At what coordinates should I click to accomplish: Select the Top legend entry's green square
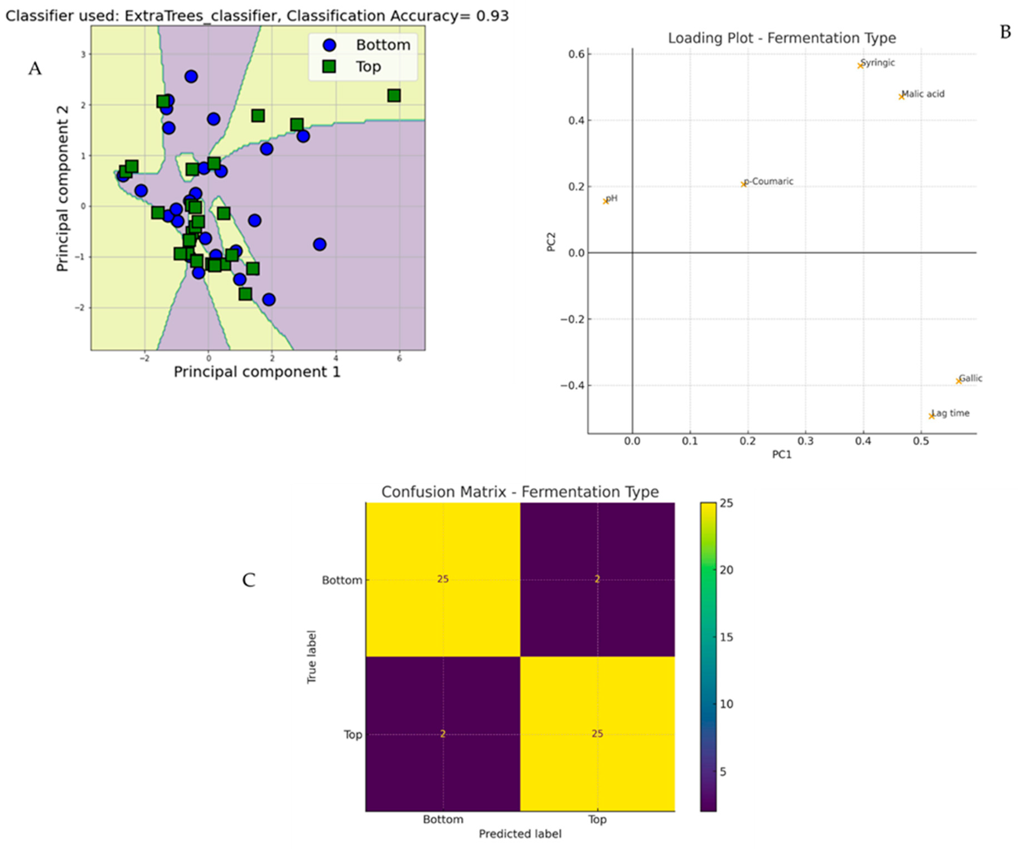[329, 66]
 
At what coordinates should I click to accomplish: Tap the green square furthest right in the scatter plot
[394, 95]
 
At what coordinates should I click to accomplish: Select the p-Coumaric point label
[769, 181]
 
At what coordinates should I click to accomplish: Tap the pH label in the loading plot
[612, 198]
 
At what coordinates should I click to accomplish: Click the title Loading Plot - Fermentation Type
[782, 38]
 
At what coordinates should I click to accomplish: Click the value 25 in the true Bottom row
[442, 579]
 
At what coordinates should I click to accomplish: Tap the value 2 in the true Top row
[442, 734]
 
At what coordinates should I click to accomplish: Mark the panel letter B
[1005, 32]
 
